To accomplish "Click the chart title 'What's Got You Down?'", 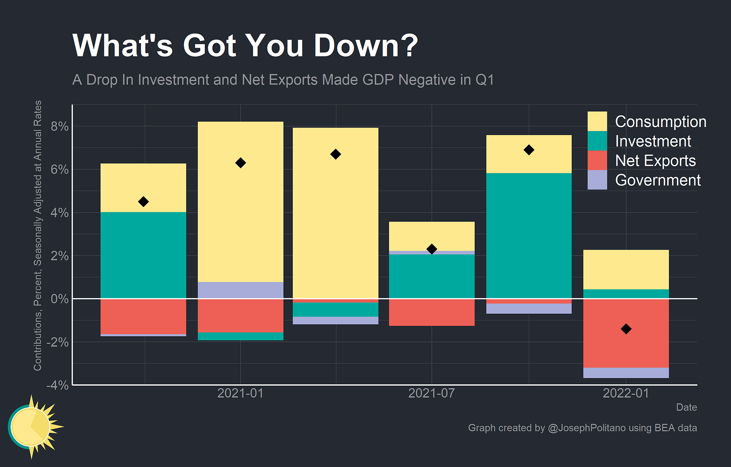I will point(245,46).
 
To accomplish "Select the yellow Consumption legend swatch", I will point(597,122).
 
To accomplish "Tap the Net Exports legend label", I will point(655,161).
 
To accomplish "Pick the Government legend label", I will point(658,180).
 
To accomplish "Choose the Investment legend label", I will point(653,141).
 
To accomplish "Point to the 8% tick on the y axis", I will point(59,127).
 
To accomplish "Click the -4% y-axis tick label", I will point(57,385).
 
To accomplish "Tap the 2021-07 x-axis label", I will point(431,393).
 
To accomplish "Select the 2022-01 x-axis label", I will point(626,393).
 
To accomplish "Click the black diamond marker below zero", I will point(626,329).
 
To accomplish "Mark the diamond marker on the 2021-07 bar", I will point(432,249).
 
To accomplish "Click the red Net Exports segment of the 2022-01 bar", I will point(626,346).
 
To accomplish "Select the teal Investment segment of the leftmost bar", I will point(143,255).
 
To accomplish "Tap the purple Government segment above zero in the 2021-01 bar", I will point(240,290).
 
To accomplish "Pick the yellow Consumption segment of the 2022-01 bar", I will point(626,269).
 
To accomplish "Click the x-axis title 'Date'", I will point(686,407).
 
